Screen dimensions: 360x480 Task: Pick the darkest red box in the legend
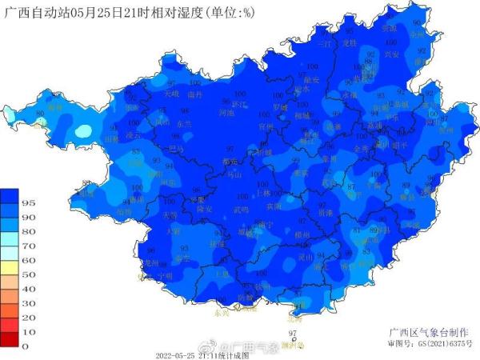point(10,339)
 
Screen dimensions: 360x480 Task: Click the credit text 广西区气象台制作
point(419,331)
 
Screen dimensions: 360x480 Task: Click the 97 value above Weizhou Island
point(292,333)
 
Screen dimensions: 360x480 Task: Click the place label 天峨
point(171,94)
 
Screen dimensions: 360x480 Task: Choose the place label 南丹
point(194,94)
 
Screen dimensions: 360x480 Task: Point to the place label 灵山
point(306,258)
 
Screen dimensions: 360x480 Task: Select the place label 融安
point(312,80)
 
